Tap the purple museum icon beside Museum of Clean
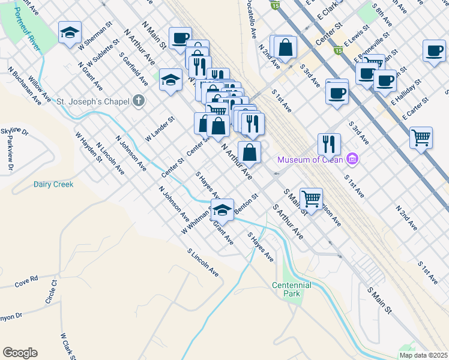coord(352,159)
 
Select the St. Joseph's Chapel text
coord(93,101)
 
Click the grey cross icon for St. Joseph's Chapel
coord(139,101)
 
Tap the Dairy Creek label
coord(53,185)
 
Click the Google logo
coord(20,353)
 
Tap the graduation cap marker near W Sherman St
coord(70,32)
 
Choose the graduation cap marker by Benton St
coord(222,209)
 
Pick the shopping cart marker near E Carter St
coord(421,137)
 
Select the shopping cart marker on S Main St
coord(311,197)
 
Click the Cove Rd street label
coord(26,279)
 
